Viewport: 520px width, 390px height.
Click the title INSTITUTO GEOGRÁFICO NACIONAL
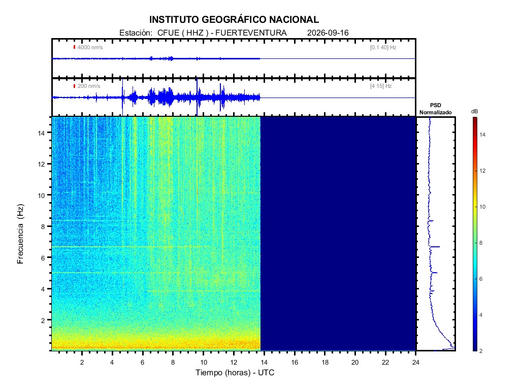(234, 20)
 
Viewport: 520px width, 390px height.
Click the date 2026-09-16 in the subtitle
(328, 33)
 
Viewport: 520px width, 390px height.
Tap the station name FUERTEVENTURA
(251, 33)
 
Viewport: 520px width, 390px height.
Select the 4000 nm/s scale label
(90, 47)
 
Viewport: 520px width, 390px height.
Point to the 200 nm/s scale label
(89, 86)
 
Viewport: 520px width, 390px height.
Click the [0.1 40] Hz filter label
(383, 47)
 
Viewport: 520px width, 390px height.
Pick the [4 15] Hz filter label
(381, 86)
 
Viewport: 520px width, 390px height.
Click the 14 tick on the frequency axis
(41, 133)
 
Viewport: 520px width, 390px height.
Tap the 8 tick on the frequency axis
(43, 227)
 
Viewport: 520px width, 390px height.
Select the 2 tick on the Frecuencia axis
(43, 321)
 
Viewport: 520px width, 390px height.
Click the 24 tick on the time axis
(415, 363)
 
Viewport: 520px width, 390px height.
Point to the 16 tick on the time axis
(295, 363)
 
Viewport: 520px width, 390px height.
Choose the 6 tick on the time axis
(143, 363)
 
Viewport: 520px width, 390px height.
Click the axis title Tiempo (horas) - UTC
(235, 373)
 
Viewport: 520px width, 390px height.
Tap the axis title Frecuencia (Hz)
(20, 234)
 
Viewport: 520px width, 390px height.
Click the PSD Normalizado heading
(435, 109)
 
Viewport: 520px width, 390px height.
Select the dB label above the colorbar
(475, 111)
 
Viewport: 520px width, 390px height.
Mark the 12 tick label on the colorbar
(482, 171)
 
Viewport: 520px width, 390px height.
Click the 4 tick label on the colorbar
(481, 315)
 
